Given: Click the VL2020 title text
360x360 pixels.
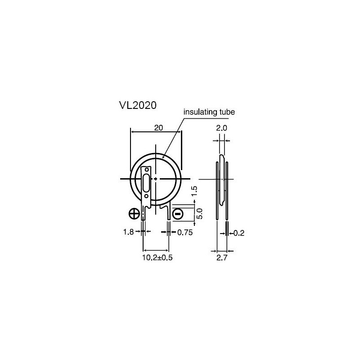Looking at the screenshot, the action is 138,105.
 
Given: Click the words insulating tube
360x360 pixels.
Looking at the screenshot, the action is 209,112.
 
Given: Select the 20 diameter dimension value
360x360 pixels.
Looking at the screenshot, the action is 158,128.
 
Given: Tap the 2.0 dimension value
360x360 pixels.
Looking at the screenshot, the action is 221,128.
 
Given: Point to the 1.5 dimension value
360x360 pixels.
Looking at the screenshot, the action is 194,191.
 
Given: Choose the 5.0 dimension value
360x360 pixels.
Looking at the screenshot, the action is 199,214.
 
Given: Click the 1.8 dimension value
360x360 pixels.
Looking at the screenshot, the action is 128,232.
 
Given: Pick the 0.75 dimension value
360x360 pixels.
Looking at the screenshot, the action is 185,233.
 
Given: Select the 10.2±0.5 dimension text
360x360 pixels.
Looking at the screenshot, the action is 157,257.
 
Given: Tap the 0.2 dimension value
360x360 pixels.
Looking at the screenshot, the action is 239,233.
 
